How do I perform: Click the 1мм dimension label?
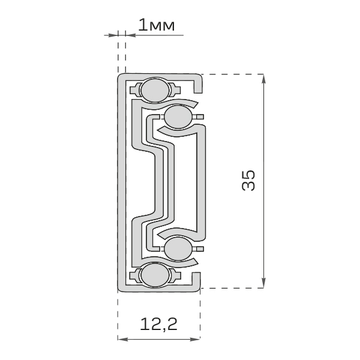pos(157,25)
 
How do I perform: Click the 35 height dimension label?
pos(248,180)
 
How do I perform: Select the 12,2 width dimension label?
pos(158,325)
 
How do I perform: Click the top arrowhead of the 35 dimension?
pos(264,79)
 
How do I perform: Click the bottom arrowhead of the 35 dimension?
pos(264,283)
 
